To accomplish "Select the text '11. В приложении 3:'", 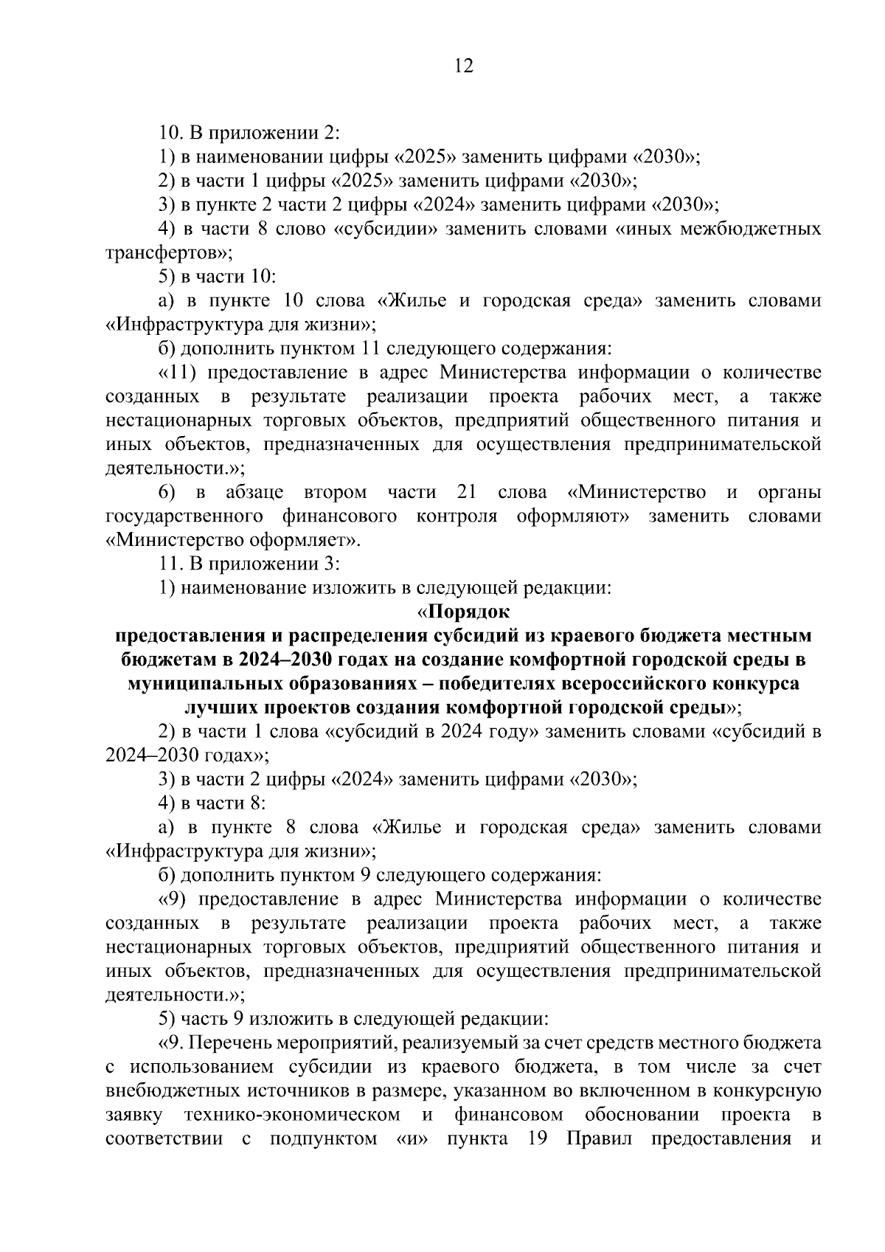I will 249,564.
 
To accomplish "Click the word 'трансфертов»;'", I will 169,253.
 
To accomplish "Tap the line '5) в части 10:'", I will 217,277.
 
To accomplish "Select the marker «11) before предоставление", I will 176,373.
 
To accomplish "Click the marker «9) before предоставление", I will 173,899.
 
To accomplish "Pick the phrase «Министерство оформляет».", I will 234,540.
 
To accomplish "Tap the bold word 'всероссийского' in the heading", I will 625,683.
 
